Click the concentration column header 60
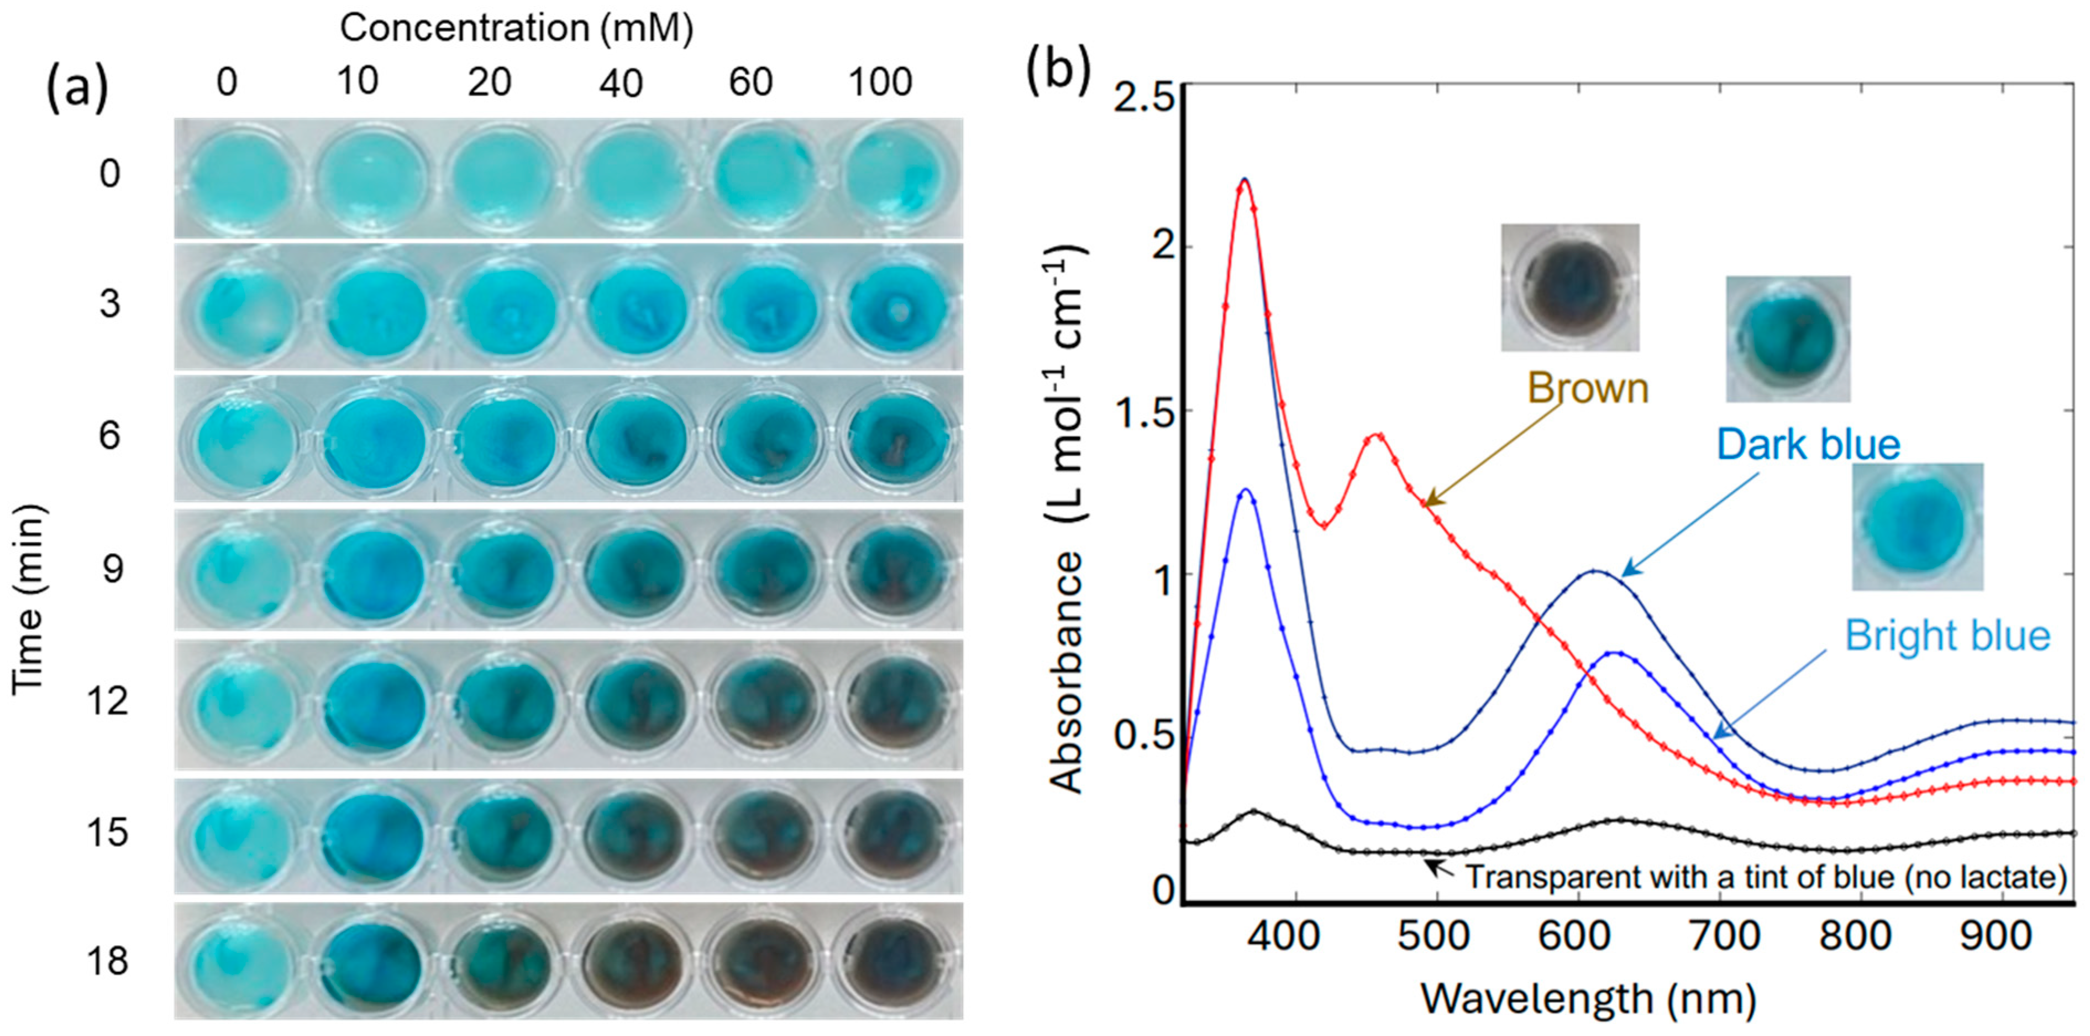click(x=750, y=82)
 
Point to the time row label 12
click(x=108, y=700)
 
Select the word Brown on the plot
click(x=1588, y=388)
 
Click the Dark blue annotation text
click(x=1808, y=445)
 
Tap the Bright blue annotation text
click(x=1947, y=636)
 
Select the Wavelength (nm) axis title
click(x=1588, y=998)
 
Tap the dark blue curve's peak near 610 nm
click(x=1594, y=571)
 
